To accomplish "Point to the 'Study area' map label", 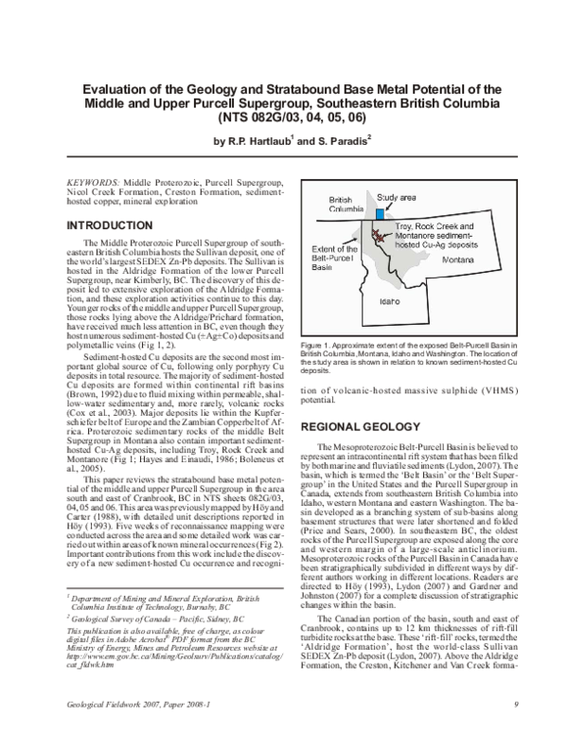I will [x=397, y=196].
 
